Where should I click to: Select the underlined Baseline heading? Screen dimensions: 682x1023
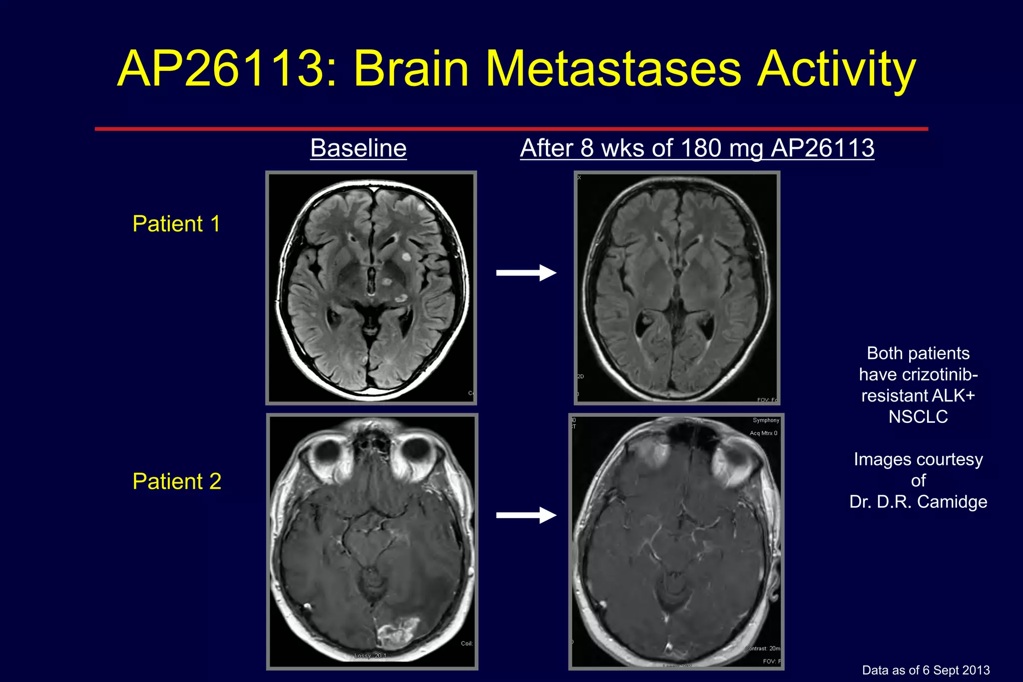(358, 148)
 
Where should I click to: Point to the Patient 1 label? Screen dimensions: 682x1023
(176, 224)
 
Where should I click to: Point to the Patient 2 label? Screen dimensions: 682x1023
(177, 481)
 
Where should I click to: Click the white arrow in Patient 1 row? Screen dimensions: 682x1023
(526, 273)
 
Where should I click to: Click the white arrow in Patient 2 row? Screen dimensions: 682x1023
(526, 515)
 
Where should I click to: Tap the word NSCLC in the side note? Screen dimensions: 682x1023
(918, 416)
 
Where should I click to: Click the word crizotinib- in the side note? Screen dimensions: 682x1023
(942, 374)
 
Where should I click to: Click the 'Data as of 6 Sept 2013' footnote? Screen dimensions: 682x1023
(926, 670)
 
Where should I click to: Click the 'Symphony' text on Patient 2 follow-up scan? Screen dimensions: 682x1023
(766, 420)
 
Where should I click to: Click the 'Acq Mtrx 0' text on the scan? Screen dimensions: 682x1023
(763, 433)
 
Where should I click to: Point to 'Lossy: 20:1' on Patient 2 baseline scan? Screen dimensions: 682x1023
(370, 656)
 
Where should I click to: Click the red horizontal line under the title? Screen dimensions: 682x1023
(511, 129)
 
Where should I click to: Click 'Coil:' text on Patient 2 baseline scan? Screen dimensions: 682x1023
(467, 644)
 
